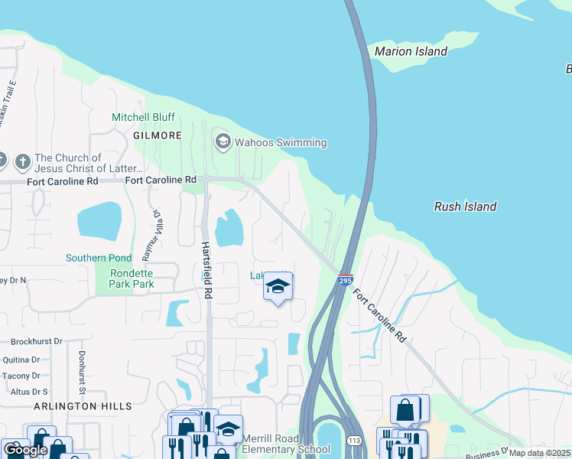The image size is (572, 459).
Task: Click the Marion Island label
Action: tap(411, 52)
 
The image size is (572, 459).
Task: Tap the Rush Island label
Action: tap(465, 207)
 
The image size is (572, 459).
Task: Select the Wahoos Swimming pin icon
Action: tap(223, 142)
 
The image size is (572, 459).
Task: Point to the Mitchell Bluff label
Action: tap(143, 117)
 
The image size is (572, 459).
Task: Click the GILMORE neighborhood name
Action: tap(158, 135)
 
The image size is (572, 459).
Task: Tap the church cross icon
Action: tap(23, 161)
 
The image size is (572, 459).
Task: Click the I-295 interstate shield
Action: tap(345, 281)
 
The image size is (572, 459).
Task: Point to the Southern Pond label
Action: tap(98, 258)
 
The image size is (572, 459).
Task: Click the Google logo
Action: tap(25, 450)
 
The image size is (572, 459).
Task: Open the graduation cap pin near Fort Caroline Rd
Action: tap(278, 288)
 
